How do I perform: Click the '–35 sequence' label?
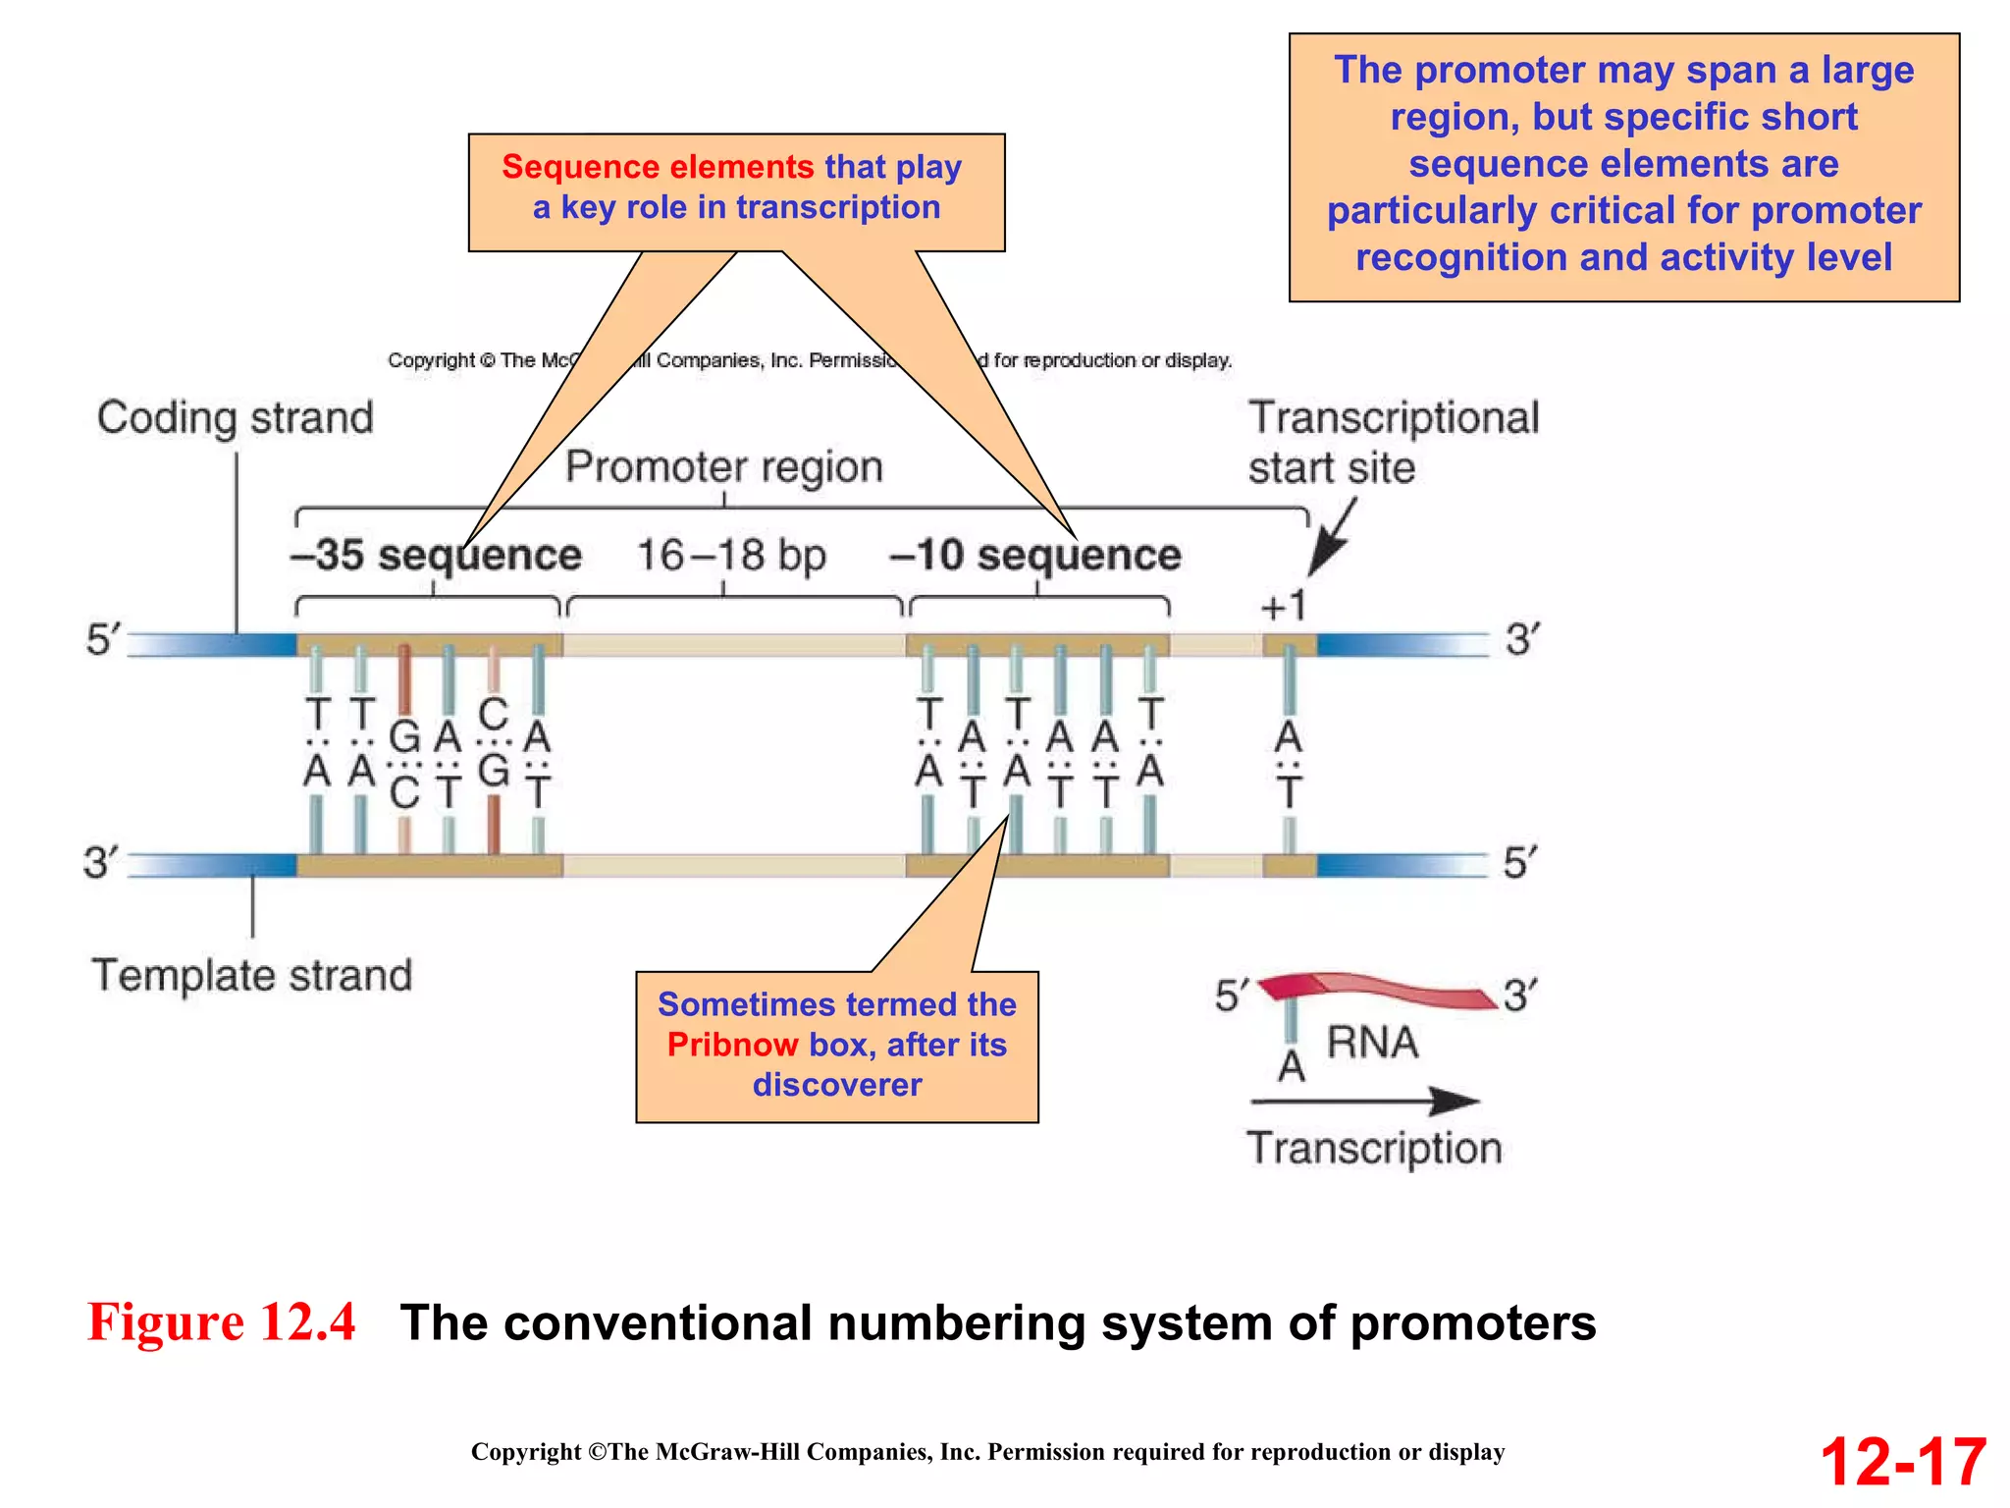[x=436, y=556]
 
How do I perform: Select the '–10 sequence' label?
[x=1034, y=556]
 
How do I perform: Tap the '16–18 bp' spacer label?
[x=731, y=556]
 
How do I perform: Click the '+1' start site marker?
[x=1284, y=606]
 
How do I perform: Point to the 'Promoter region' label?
[x=724, y=467]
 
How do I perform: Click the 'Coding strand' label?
[x=236, y=418]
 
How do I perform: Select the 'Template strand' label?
[x=252, y=976]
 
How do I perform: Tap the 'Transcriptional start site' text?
[x=1392, y=443]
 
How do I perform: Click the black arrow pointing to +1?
[x=1332, y=539]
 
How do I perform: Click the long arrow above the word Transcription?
[x=1364, y=1102]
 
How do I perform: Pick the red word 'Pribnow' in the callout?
[x=732, y=1045]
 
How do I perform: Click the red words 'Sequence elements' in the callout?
[x=658, y=167]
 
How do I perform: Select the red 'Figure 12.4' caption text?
[x=222, y=1321]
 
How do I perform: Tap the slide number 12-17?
[x=1903, y=1462]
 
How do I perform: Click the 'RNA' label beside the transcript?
[x=1372, y=1043]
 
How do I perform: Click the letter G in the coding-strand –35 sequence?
[x=404, y=736]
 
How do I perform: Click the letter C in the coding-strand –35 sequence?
[x=493, y=714]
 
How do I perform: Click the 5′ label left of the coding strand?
[x=102, y=640]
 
